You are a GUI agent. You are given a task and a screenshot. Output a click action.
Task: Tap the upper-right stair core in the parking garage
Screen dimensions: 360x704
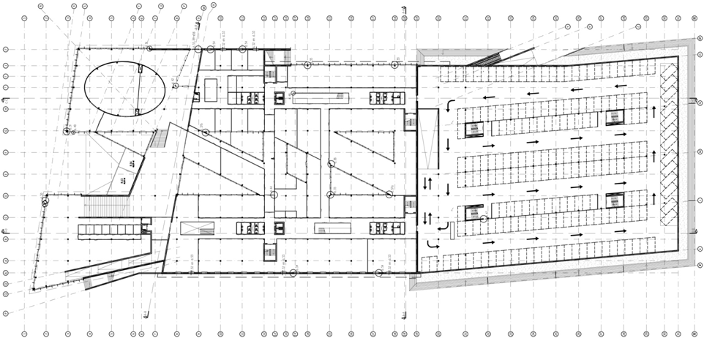tap(615, 117)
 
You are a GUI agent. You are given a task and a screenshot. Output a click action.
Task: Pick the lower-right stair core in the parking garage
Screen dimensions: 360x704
tap(615, 200)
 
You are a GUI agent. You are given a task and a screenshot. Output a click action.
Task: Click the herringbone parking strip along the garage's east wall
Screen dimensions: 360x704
tap(668, 143)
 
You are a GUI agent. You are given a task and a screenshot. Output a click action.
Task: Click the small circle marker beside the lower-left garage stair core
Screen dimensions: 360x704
tap(483, 219)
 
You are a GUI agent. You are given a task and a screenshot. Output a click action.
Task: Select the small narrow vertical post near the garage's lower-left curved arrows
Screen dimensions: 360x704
tap(452, 230)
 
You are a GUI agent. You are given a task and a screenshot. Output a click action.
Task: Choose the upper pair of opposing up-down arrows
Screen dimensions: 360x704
tap(427, 181)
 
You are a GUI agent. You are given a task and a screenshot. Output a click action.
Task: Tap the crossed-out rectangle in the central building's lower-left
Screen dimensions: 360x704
tap(198, 228)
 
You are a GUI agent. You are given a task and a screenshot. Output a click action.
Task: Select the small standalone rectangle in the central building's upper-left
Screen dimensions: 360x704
tap(211, 90)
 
